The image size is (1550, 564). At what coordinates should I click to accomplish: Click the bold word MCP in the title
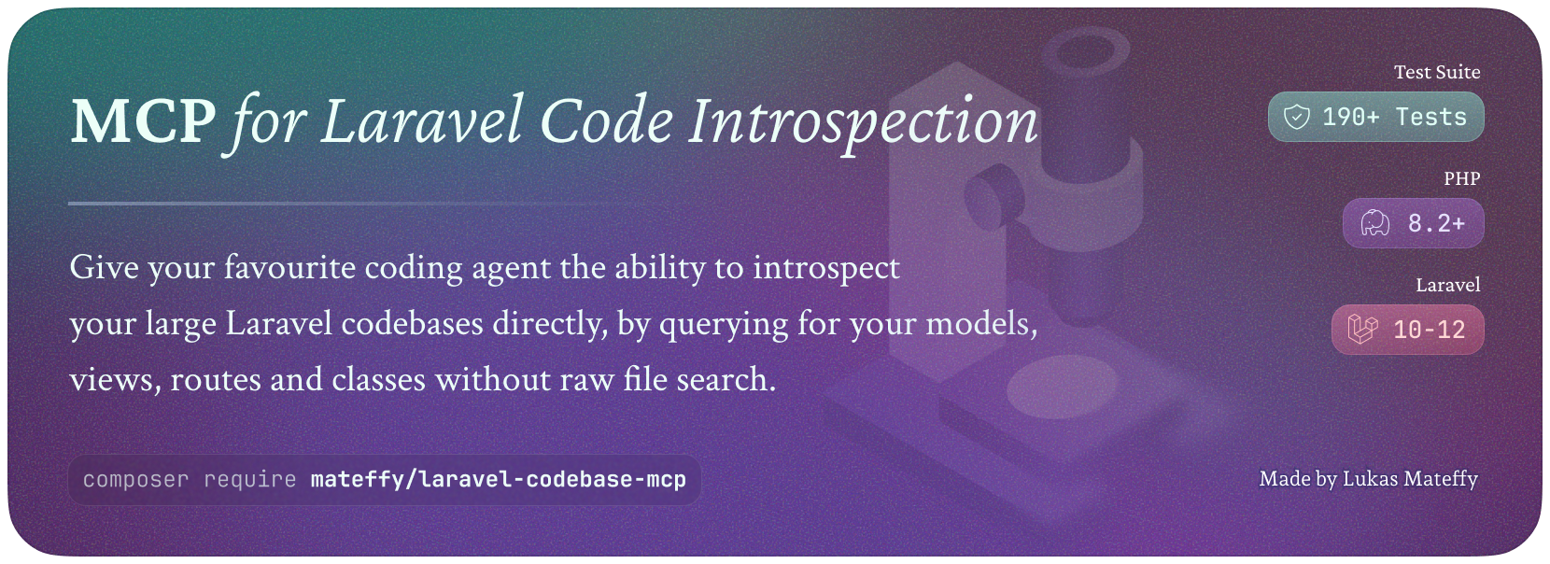click(143, 121)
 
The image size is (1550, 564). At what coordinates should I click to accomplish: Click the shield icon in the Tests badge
click(1297, 117)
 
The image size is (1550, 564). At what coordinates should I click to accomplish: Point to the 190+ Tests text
click(1394, 117)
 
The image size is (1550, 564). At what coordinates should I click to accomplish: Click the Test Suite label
click(1436, 72)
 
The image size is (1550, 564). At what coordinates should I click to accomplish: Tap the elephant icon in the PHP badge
click(1375, 223)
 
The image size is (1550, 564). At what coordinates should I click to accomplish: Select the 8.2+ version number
click(1436, 223)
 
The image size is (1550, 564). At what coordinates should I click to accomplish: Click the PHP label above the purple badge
click(1461, 178)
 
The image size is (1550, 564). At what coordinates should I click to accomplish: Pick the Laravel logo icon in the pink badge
click(1362, 330)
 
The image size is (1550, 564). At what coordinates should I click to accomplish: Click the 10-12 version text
click(1430, 330)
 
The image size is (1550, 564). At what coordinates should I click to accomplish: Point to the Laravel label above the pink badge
click(1447, 285)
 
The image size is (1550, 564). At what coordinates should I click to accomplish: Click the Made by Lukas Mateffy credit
click(1368, 479)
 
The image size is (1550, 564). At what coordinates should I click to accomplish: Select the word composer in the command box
click(135, 480)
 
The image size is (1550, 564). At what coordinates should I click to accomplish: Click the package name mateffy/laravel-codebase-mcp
click(499, 480)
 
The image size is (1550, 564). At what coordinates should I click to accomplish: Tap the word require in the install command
click(250, 480)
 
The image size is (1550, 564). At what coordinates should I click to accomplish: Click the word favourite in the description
click(290, 268)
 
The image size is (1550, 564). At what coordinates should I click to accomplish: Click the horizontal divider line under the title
click(332, 204)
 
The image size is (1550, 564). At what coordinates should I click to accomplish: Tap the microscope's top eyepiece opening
click(1086, 52)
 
